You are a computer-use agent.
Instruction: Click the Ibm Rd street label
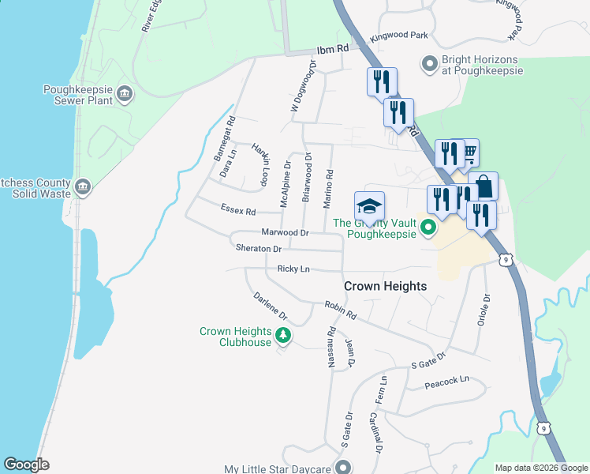pyautogui.click(x=332, y=50)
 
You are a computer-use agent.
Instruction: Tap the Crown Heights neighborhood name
pyautogui.click(x=386, y=286)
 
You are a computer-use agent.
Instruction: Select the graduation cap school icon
pyautogui.click(x=369, y=206)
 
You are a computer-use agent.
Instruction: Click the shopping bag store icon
pyautogui.click(x=483, y=187)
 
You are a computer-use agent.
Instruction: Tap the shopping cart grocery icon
pyautogui.click(x=468, y=152)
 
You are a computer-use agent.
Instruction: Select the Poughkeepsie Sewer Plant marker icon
pyautogui.click(x=125, y=96)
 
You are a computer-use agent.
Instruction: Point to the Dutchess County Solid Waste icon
pyautogui.click(x=83, y=187)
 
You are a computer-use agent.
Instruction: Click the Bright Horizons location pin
pyautogui.click(x=430, y=63)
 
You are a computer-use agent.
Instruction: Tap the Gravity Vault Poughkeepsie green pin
pyautogui.click(x=428, y=229)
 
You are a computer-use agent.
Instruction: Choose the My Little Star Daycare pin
pyautogui.click(x=342, y=468)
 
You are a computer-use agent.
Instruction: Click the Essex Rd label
pyautogui.click(x=239, y=212)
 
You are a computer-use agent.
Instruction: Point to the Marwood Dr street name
pyautogui.click(x=284, y=233)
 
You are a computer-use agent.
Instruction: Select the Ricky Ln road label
pyautogui.click(x=292, y=269)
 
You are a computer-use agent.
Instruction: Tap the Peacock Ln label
pyautogui.click(x=446, y=380)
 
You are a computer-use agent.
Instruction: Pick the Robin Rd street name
pyautogui.click(x=340, y=309)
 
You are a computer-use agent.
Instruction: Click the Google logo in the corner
pyautogui.click(x=27, y=464)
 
